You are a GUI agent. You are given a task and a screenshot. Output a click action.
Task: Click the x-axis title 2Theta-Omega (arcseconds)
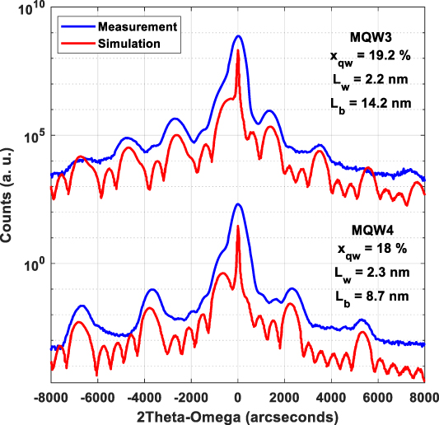click(x=237, y=413)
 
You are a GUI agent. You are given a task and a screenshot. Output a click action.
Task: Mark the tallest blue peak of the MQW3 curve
click(x=238, y=36)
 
